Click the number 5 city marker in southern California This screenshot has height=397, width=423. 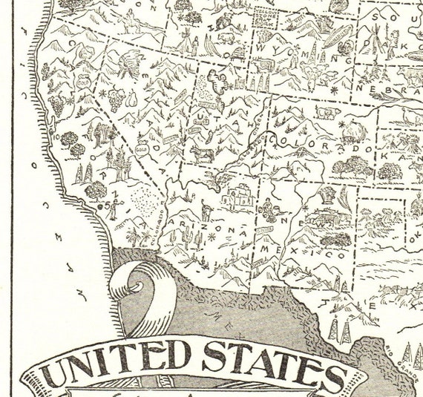pos(106,203)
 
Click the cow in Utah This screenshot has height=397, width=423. pos(201,154)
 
